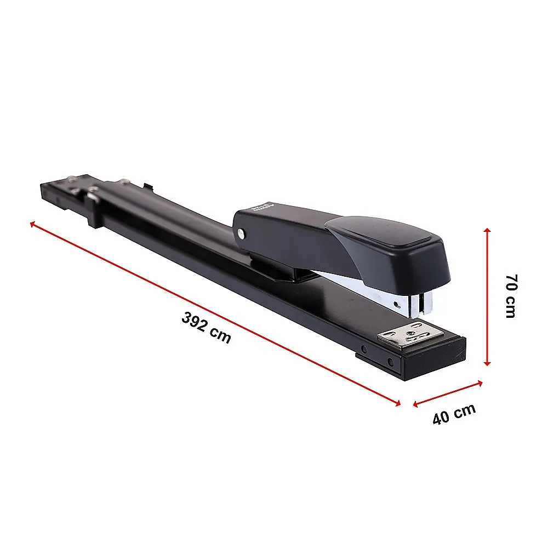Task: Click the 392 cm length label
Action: click(207, 328)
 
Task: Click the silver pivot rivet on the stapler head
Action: click(242, 234)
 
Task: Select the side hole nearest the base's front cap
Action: click(390, 362)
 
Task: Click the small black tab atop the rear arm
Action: click(146, 186)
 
